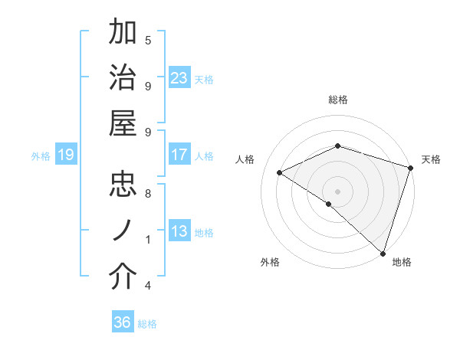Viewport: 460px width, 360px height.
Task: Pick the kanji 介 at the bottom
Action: pyautogui.click(x=123, y=278)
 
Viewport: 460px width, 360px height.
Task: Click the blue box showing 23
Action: pyautogui.click(x=179, y=78)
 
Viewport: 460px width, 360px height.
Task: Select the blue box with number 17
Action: pyautogui.click(x=179, y=155)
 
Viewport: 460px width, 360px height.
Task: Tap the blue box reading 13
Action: pyautogui.click(x=179, y=232)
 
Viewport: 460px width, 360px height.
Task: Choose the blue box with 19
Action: pyautogui.click(x=66, y=155)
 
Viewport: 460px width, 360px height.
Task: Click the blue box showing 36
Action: pyautogui.click(x=123, y=322)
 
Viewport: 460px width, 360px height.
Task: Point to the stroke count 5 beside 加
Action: pyautogui.click(x=148, y=40)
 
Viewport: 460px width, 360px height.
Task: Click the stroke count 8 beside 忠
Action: pyautogui.click(x=148, y=193)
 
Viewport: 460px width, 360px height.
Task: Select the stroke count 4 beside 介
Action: pyautogui.click(x=148, y=286)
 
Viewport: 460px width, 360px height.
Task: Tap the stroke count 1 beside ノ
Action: pyautogui.click(x=148, y=240)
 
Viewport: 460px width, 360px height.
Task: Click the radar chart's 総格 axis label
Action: pyautogui.click(x=338, y=100)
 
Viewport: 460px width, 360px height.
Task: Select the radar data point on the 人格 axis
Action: pyautogui.click(x=280, y=173)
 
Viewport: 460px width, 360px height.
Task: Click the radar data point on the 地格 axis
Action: pyautogui.click(x=383, y=252)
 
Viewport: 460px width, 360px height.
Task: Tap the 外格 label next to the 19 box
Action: pyautogui.click(x=41, y=156)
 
